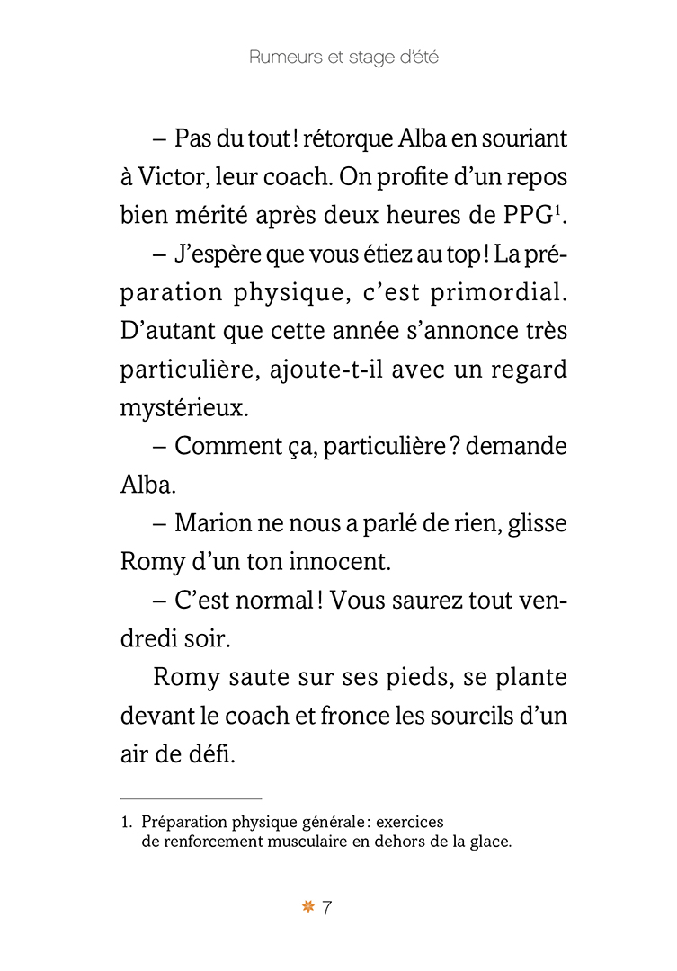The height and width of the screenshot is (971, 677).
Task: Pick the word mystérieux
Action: coord(183,409)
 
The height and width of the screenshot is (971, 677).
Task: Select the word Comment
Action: coord(227,447)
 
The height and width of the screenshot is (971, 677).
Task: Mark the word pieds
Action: coord(419,677)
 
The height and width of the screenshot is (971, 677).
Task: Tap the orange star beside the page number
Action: coord(308,908)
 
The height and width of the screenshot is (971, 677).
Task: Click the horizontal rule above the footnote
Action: coord(191,798)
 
